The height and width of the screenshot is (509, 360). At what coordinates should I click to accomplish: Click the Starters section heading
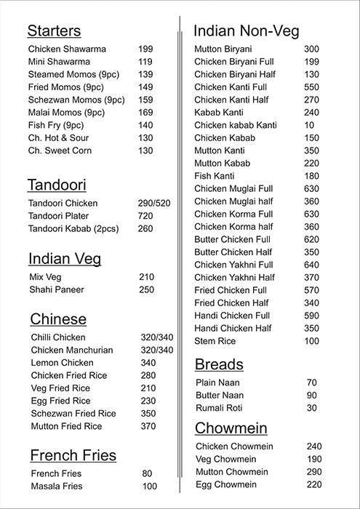point(54,31)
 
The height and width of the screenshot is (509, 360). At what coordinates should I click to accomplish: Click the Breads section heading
point(219,364)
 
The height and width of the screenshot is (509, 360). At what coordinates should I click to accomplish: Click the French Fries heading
point(73,456)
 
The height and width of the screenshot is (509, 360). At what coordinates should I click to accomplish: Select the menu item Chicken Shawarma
point(67,49)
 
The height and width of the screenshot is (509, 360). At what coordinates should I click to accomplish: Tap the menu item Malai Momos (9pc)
point(65,112)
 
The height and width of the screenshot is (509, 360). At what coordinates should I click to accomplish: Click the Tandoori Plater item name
point(59,216)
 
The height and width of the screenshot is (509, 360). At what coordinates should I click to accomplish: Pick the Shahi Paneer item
point(57,289)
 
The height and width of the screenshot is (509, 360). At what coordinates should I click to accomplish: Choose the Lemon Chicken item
point(63,363)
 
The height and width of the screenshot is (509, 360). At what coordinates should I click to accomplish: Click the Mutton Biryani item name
point(223,49)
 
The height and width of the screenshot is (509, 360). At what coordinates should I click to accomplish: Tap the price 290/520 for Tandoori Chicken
point(154,204)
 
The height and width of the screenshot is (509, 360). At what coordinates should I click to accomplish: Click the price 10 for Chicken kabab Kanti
point(309,125)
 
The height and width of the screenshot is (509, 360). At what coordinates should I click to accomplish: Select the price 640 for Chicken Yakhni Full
point(312,265)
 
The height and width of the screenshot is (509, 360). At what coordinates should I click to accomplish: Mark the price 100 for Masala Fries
point(150,486)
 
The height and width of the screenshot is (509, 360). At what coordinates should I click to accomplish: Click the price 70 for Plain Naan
point(312,382)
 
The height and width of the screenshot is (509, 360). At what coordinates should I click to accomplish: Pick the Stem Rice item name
point(215,341)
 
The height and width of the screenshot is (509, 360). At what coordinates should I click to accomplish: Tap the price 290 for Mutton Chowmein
point(314,472)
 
